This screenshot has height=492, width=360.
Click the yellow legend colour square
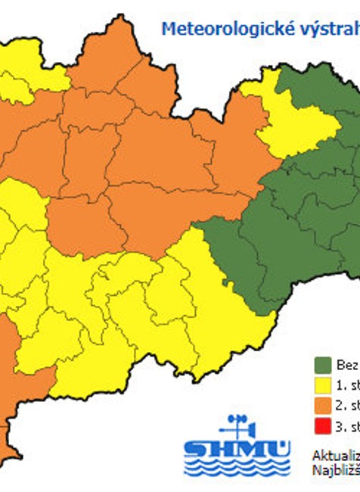click(322, 385)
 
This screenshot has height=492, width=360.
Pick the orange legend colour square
click(322, 406)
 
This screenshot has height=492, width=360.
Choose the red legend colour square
click(322, 426)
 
